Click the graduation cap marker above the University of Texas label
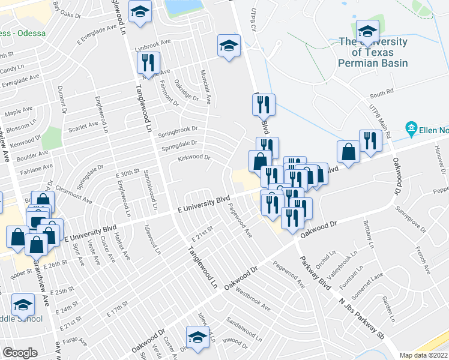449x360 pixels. [367, 31]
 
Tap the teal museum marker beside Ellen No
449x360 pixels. [411, 128]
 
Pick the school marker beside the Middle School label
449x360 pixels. [23, 306]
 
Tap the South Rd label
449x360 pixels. [381, 94]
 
